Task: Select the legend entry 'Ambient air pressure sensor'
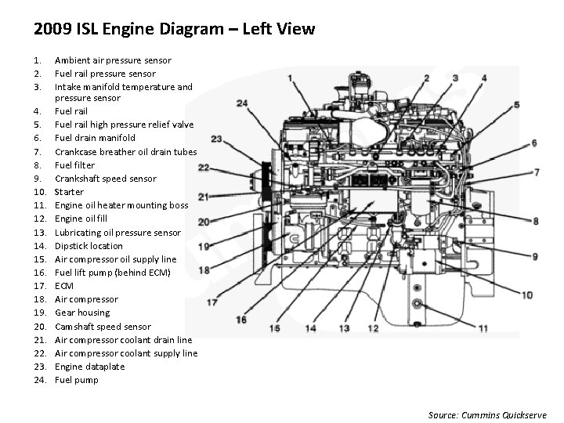tap(113, 60)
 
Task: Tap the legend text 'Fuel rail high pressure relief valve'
tap(124, 125)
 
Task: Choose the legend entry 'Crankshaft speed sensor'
tap(106, 179)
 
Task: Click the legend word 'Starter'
tap(69, 192)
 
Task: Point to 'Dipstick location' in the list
tap(89, 246)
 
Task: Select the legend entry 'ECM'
tap(63, 286)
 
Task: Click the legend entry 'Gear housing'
tap(81, 313)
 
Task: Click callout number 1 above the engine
tap(291, 78)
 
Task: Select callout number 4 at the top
tap(484, 78)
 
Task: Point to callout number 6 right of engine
tap(533, 143)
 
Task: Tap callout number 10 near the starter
tap(526, 295)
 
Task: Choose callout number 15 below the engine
tap(274, 329)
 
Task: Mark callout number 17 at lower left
tap(211, 302)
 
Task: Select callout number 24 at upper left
tap(241, 103)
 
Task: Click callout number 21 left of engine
tap(203, 197)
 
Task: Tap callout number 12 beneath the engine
tap(373, 328)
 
